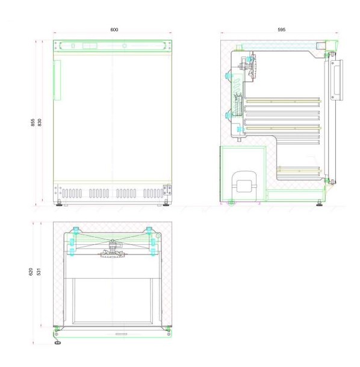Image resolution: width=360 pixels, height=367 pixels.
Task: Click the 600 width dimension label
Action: [x=114, y=29]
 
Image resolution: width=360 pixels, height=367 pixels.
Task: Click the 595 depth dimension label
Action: [x=282, y=29]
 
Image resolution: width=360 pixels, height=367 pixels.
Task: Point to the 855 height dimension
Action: [x=33, y=122]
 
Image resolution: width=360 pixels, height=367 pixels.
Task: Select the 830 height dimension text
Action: [x=40, y=122]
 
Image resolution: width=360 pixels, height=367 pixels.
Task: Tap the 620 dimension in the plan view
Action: [x=31, y=271]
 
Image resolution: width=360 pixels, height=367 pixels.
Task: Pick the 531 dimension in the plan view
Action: [x=39, y=271]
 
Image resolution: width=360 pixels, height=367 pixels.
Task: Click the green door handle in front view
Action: [x=57, y=80]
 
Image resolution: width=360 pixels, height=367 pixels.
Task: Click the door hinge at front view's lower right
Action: [x=167, y=190]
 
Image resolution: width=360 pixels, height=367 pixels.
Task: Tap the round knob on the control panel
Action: [x=125, y=46]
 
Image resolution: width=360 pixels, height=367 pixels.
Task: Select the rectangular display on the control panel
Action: [x=90, y=46]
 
